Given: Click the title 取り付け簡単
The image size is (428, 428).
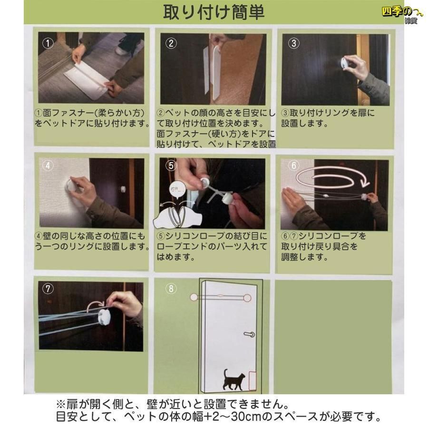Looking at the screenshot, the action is (214, 12).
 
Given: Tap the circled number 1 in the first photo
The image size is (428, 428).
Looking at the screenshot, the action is (48, 43).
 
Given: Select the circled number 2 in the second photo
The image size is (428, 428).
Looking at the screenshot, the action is (171, 43).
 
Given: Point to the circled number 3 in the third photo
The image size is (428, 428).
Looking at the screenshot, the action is (294, 43).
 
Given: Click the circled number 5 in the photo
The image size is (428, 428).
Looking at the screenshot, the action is (171, 165).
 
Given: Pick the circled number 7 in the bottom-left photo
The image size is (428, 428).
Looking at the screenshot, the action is (48, 289).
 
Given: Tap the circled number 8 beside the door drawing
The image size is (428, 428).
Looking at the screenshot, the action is (171, 289).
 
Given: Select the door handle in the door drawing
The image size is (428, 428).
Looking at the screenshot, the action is (249, 334).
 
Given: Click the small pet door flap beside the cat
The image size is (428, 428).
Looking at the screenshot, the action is (251, 379).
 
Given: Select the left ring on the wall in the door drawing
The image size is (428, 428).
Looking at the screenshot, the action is (194, 297).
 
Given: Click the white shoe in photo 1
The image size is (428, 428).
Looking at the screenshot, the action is (123, 50).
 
